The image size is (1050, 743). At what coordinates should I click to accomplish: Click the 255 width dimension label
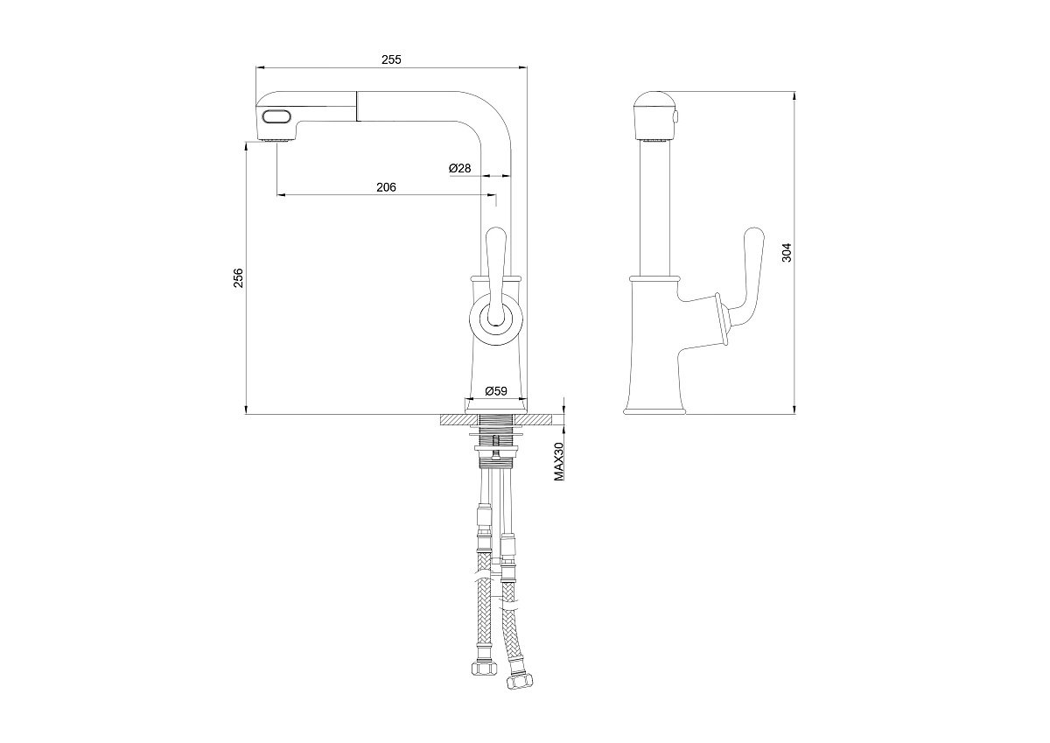(x=391, y=60)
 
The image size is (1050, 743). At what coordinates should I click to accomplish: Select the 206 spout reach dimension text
(x=386, y=187)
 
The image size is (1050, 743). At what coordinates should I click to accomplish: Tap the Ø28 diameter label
(x=459, y=168)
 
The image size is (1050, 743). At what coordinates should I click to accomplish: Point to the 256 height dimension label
(x=239, y=277)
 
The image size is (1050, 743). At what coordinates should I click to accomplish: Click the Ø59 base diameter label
(x=496, y=390)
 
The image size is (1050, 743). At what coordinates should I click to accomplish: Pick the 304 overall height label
(x=787, y=252)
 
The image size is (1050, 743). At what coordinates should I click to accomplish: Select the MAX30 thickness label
(x=559, y=462)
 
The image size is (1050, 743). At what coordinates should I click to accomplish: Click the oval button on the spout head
(x=277, y=116)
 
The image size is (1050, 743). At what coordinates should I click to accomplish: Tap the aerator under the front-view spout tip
(x=277, y=140)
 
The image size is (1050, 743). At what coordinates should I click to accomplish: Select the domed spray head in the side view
(x=654, y=116)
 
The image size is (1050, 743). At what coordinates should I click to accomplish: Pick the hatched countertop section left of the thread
(x=459, y=420)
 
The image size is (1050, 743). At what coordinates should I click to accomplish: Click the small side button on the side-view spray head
(x=676, y=116)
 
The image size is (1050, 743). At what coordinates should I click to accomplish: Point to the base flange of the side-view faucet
(x=654, y=411)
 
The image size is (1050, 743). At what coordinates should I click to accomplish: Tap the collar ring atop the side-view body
(x=654, y=278)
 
